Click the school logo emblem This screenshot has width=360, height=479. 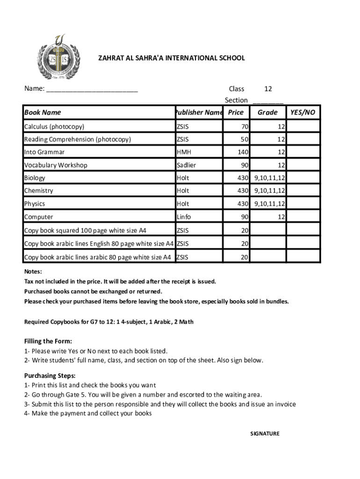tap(59, 58)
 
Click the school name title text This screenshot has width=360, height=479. tap(171, 58)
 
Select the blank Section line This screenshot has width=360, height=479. tap(268, 101)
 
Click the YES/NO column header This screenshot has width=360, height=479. tap(303, 112)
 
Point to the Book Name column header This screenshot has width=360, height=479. tap(43, 112)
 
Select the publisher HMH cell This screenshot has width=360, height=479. tap(184, 152)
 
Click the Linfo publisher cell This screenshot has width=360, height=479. tap(184, 217)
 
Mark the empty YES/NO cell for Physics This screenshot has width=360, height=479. tap(303, 204)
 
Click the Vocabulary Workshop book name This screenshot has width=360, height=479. tap(56, 165)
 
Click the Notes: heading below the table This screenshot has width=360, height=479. tap(33, 272)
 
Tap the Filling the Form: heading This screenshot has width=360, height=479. tap(48, 341)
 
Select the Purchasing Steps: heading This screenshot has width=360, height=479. tap(50, 376)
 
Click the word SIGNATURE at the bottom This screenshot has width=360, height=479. tap(265, 434)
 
